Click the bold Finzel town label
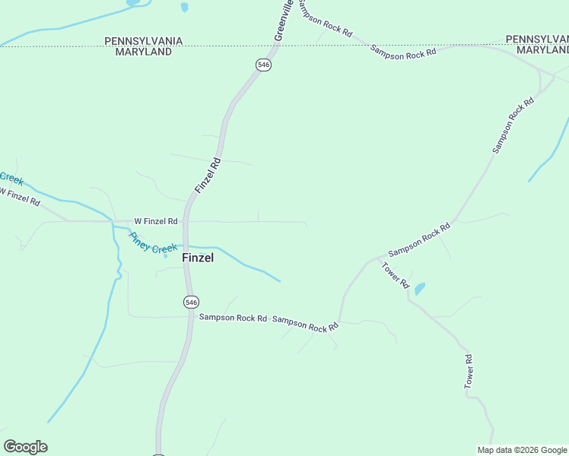tap(198, 258)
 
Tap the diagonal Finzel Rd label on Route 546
tap(207, 175)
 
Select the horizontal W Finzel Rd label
tap(156, 221)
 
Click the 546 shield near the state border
tap(263, 65)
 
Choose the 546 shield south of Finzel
tap(191, 302)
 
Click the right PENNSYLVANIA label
tap(537, 39)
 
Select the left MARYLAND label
tap(144, 52)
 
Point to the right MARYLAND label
tap(542, 49)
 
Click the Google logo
tap(25, 447)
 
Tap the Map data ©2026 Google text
tap(521, 449)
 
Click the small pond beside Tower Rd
tap(419, 288)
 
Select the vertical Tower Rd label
tap(469, 372)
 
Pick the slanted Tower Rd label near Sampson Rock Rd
tap(395, 274)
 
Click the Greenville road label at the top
tap(282, 21)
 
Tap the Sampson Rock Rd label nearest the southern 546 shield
tap(233, 318)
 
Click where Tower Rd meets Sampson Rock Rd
tap(378, 259)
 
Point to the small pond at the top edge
tap(184, 8)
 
